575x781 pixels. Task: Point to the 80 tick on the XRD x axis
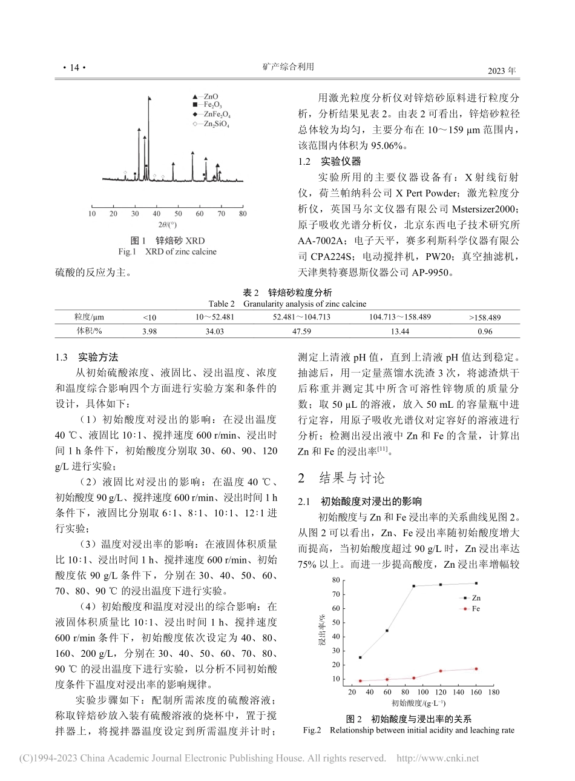[243, 213]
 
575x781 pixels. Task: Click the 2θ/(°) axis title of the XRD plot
[166, 224]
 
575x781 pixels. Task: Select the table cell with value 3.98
[149, 331]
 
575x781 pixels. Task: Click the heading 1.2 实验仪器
[330, 161]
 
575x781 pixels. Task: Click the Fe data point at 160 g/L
[476, 669]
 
